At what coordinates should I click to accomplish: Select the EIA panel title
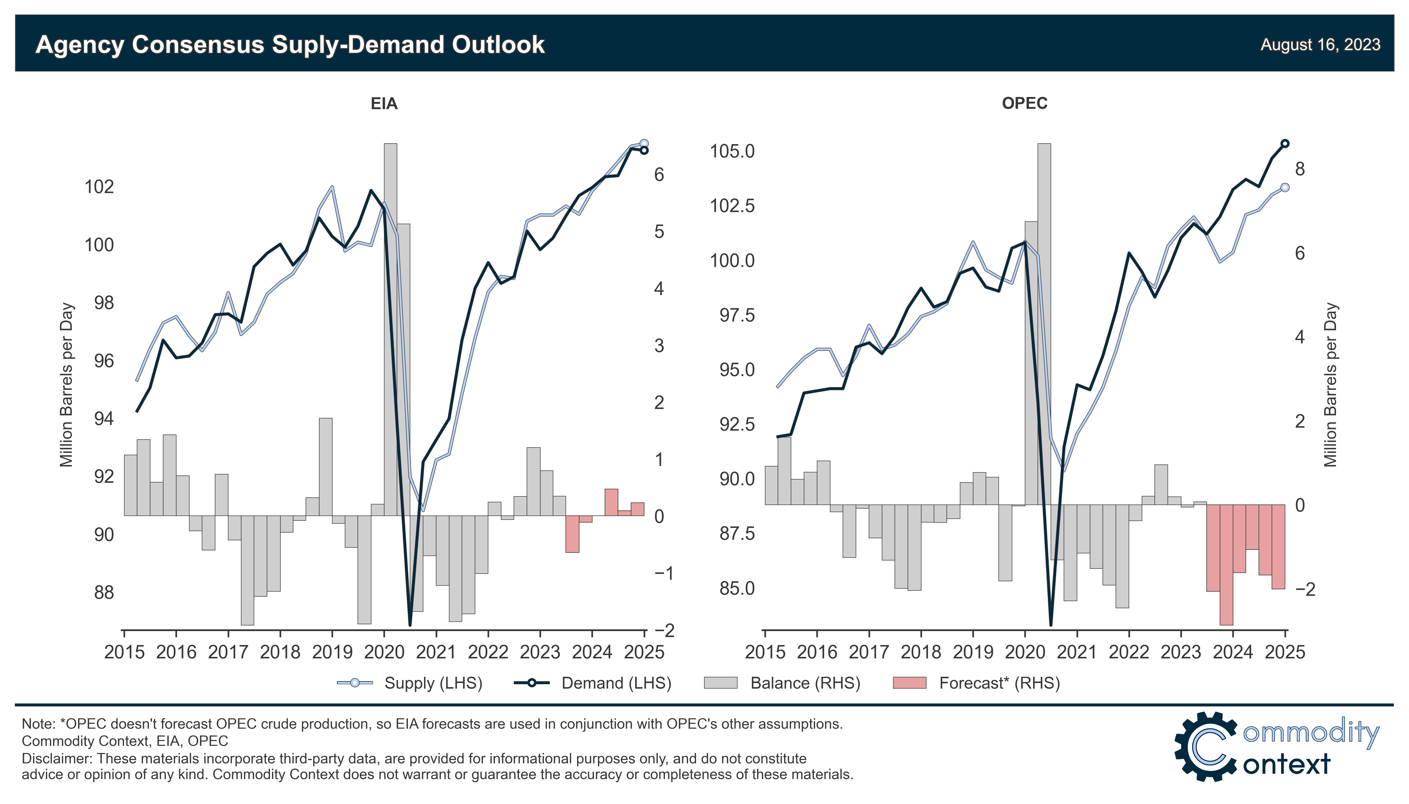(384, 104)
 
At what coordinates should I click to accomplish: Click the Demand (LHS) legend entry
(593, 683)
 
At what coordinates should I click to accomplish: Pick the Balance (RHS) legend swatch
(720, 683)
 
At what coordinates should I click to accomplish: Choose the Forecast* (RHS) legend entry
(976, 683)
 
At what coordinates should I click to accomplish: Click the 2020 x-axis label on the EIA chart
(384, 652)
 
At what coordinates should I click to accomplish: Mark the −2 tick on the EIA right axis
(664, 630)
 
